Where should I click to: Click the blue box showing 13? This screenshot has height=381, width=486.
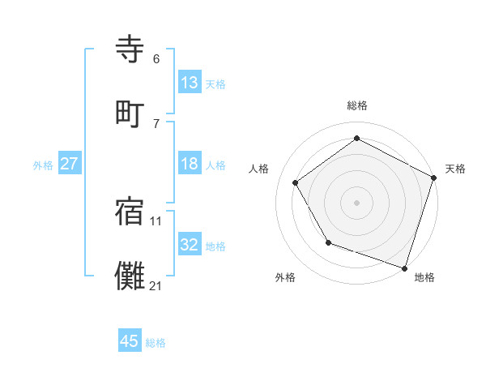click(x=190, y=83)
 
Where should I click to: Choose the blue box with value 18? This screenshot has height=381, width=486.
click(x=190, y=164)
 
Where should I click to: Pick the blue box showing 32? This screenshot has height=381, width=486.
click(x=190, y=245)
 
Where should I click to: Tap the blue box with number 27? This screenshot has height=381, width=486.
click(x=69, y=164)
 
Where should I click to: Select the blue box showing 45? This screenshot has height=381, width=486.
click(x=130, y=341)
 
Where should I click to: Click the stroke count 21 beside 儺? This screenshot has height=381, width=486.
click(x=156, y=285)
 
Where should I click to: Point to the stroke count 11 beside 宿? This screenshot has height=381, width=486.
click(x=156, y=220)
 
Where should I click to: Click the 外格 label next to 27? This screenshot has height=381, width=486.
click(x=43, y=165)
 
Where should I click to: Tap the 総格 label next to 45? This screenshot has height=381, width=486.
click(x=156, y=342)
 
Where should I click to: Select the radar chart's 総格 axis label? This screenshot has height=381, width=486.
click(x=357, y=105)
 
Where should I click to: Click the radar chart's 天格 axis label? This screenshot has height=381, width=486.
click(x=455, y=169)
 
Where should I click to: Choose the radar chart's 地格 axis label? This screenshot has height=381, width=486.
click(x=424, y=277)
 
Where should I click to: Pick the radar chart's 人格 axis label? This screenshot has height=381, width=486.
click(x=259, y=169)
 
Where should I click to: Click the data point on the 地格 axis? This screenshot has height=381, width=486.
click(x=404, y=267)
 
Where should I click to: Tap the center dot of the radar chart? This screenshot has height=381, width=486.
click(x=357, y=202)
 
